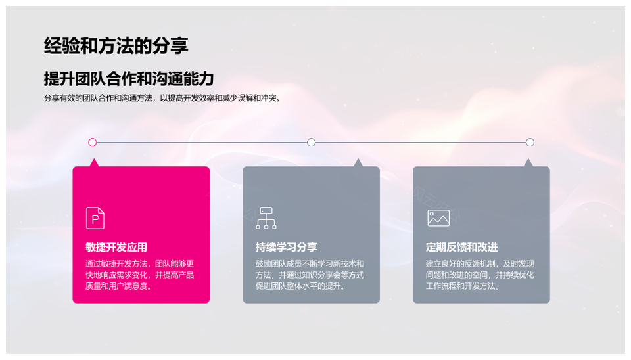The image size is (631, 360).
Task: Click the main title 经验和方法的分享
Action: [x=116, y=45]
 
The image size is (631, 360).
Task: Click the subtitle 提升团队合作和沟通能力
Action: [x=129, y=78]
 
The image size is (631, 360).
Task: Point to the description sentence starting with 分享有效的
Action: [x=162, y=98]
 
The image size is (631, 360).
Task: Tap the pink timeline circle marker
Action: [x=93, y=142]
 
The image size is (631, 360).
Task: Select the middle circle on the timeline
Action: [x=311, y=142]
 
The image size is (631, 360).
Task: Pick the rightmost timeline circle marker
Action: [x=530, y=142]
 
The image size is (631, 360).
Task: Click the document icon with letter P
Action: [x=95, y=218]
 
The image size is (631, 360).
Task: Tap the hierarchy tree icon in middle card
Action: [x=266, y=218]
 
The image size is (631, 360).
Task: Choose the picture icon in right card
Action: [x=438, y=218]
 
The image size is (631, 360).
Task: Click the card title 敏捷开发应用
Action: [x=116, y=247]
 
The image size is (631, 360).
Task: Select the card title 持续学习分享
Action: [x=287, y=247]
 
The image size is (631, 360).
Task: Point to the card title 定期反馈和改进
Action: [x=461, y=247]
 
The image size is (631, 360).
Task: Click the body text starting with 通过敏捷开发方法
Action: [x=139, y=275]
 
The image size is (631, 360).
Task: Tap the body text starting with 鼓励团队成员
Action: [x=310, y=275]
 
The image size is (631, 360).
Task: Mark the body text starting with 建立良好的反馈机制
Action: [x=480, y=275]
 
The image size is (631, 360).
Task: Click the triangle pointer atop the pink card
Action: [x=94, y=163]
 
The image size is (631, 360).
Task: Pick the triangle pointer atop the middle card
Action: [x=358, y=163]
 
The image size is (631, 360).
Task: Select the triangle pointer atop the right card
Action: [x=528, y=163]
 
